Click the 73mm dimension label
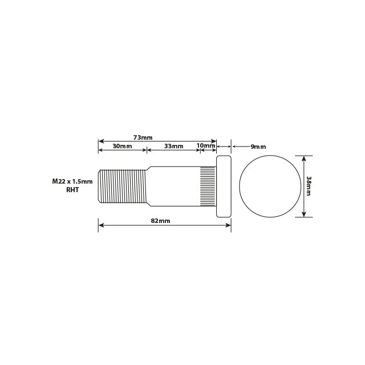pyautogui.click(x=143, y=137)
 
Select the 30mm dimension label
pyautogui.click(x=122, y=146)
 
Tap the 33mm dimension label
pyautogui.click(x=174, y=146)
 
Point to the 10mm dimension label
pyautogui.click(x=206, y=145)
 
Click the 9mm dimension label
pyautogui.click(x=258, y=147)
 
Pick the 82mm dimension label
pyautogui.click(x=160, y=221)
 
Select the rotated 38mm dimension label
pyautogui.click(x=309, y=186)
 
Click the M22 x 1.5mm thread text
pyautogui.click(x=72, y=181)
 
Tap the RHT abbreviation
pyautogui.click(x=72, y=190)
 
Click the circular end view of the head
pyautogui.click(x=270, y=186)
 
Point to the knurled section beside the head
pyautogui.click(x=208, y=186)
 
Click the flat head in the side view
pyautogui.click(x=224, y=186)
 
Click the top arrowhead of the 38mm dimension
pyautogui.click(x=303, y=158)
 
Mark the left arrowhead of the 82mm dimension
pyautogui.click(x=101, y=225)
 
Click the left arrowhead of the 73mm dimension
pyautogui.click(x=101, y=141)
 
